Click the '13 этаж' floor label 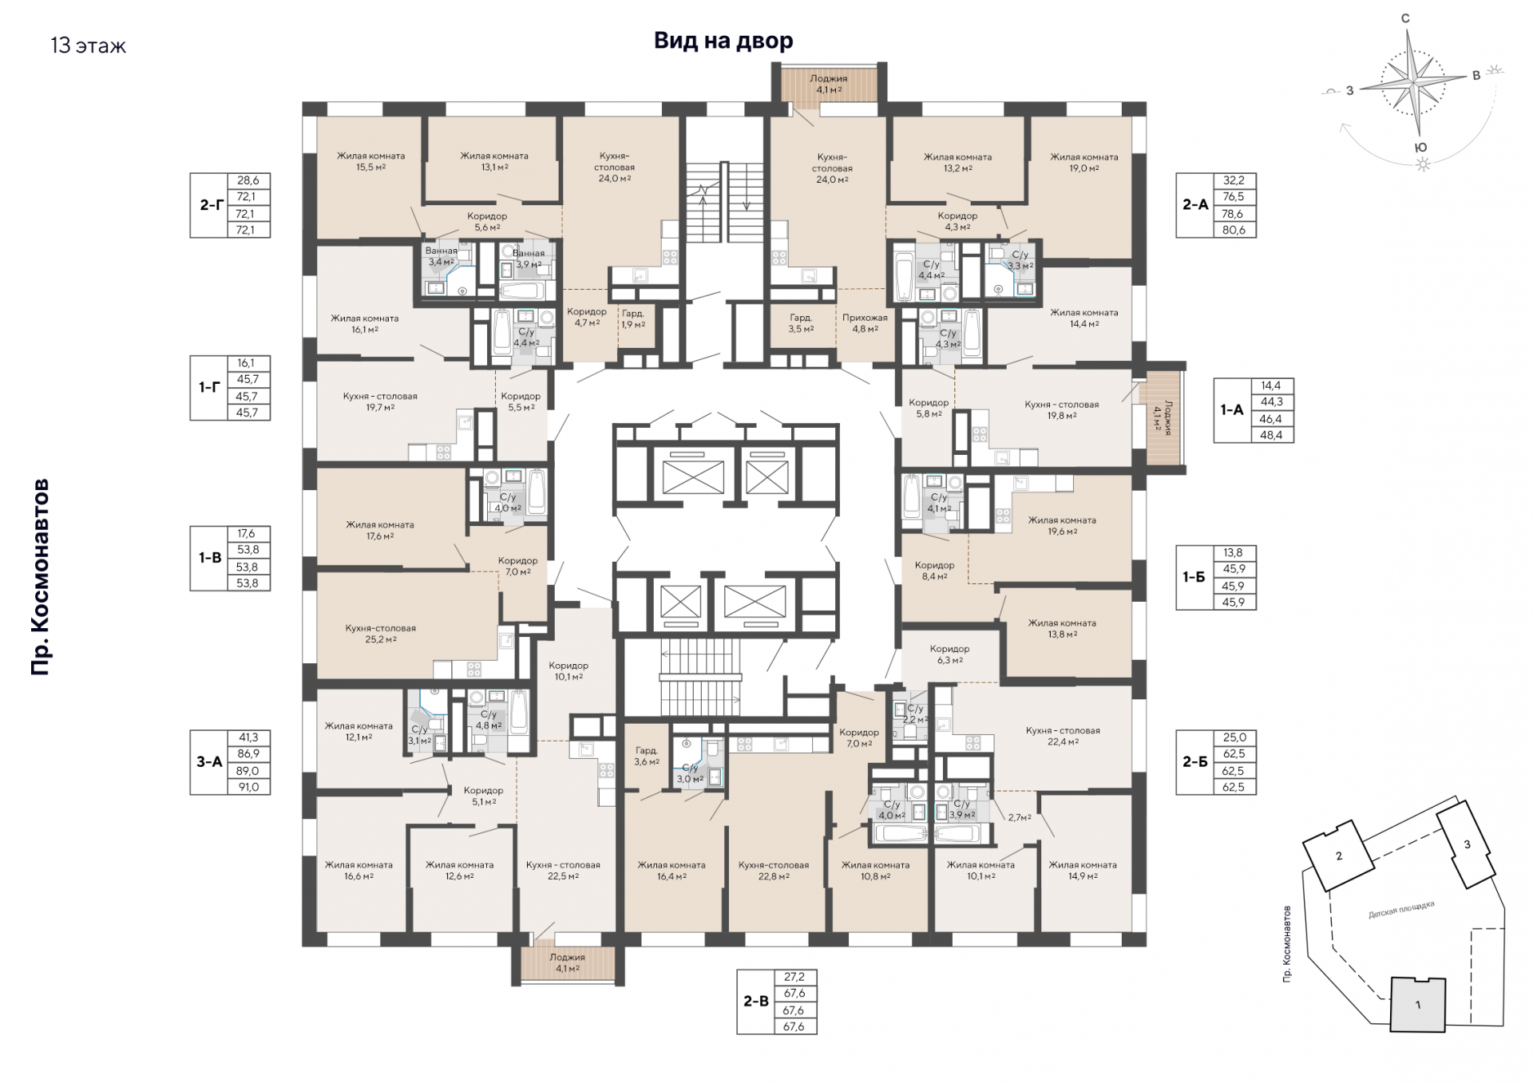pos(88,45)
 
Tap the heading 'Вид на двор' pos(723,41)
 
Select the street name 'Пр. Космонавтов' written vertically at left pos(40,577)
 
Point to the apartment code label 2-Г pos(211,205)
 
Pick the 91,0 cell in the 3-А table pos(248,787)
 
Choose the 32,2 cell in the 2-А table pos(1234,180)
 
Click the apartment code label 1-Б pos(1194,577)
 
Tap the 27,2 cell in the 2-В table pos(794,977)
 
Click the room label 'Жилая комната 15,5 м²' pos(370,161)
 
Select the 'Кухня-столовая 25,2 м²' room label pos(381,634)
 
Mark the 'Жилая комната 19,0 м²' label pos(1084,163)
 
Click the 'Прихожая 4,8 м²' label pos(865,323)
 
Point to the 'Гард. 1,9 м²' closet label pos(633,319)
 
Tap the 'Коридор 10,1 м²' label pos(568,671)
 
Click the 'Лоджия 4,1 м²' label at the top pos(828,85)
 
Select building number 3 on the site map pos(1467,844)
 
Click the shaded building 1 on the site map pos(1418,1005)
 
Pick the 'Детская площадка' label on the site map pos(1401,910)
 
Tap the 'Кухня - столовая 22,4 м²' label pos(1063,736)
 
